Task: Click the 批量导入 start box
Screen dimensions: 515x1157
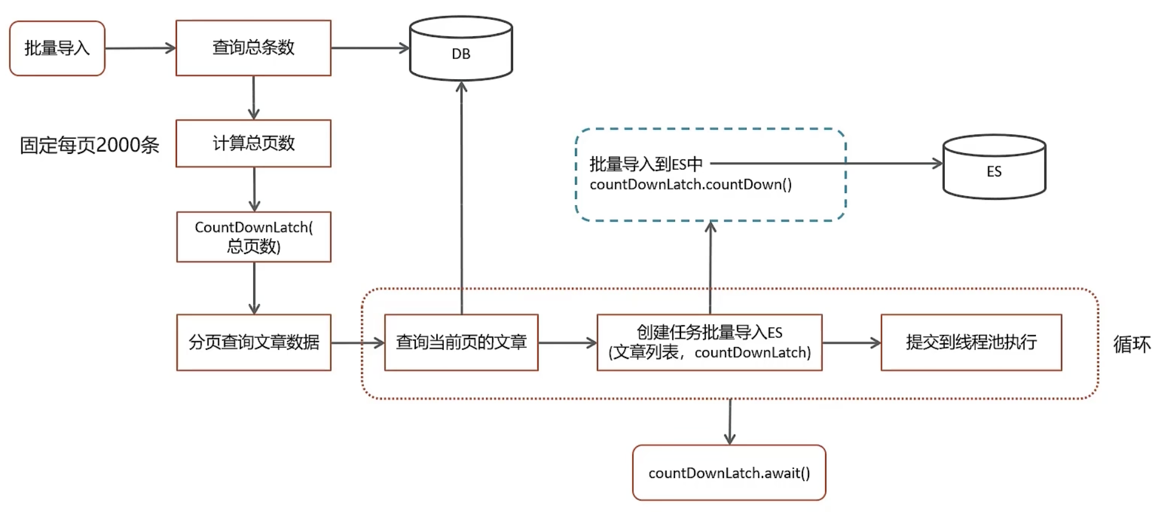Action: (57, 48)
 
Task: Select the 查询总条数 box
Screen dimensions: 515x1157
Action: (253, 48)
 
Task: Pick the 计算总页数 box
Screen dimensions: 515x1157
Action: (253, 143)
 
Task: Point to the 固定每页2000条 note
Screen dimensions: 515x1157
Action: (89, 145)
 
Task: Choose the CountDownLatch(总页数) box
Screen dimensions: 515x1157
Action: (254, 237)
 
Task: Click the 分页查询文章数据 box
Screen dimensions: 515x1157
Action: (254, 342)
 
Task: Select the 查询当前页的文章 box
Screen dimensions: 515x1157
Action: (461, 342)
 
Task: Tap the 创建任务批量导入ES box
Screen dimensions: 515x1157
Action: (709, 342)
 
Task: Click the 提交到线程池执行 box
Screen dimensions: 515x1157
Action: (971, 342)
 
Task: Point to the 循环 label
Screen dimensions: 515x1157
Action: (1131, 344)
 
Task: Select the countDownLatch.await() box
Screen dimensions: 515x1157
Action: (729, 473)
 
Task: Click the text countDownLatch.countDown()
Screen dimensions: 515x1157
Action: (691, 185)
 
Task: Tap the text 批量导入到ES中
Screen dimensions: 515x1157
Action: (646, 164)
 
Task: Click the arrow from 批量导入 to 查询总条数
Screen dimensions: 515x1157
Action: (140, 48)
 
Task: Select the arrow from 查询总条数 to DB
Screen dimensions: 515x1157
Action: (370, 48)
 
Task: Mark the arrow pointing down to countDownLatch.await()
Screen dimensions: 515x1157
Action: (730, 421)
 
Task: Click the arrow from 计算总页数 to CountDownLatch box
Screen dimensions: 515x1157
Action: (254, 189)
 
